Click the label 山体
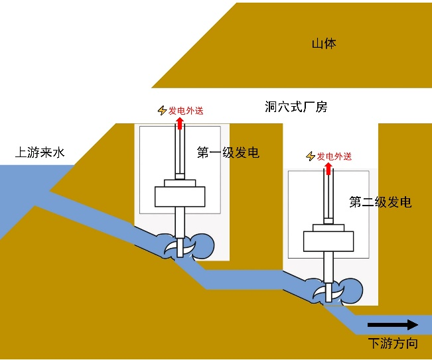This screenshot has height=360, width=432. [324, 44]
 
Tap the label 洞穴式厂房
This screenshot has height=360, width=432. [295, 107]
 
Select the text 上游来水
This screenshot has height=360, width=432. [40, 153]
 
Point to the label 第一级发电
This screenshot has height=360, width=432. [228, 153]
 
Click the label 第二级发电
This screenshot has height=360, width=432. [380, 202]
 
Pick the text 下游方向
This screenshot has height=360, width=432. [393, 343]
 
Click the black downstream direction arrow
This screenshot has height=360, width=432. [392, 324]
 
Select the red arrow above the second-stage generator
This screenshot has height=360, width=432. [328, 168]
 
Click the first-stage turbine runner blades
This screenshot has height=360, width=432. [180, 247]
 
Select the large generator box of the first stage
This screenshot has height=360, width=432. [180, 197]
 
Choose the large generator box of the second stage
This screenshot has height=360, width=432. [328, 241]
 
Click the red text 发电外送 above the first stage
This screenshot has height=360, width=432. [186, 111]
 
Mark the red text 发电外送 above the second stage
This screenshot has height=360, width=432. [334, 156]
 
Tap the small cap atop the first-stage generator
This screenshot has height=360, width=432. [180, 183]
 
